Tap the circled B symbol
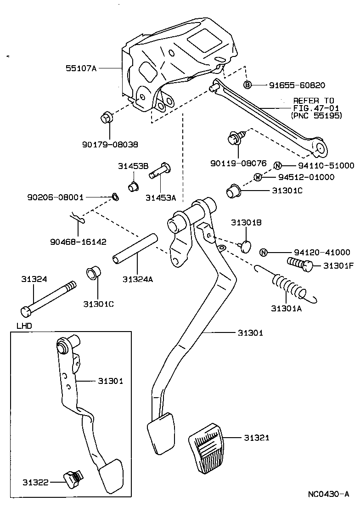pos(247,85)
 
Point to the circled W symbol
pos(258,177)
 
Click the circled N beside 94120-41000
pos(264,252)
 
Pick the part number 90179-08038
pos(110,144)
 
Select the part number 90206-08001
pos(55,197)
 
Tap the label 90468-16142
pos(78,242)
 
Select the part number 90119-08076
pos(239,163)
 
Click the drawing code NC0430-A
pos(328,494)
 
